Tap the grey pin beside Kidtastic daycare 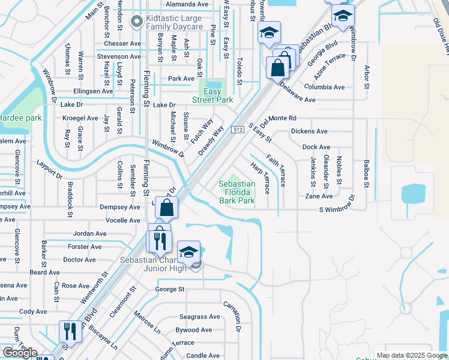pos(137,22)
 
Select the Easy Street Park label pos(212,96)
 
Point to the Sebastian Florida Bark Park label pos(237,193)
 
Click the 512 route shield pos(238,130)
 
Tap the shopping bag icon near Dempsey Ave pos(167,208)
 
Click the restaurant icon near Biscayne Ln pos(70,331)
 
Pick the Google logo pos(19,353)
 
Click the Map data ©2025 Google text pos(411,355)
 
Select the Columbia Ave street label pos(324,87)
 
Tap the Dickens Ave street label pos(309,131)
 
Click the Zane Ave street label pos(318,196)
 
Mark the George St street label pos(169,289)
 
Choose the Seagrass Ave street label pos(200,317)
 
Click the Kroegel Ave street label pos(80,118)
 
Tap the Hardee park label pos(20,118)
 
